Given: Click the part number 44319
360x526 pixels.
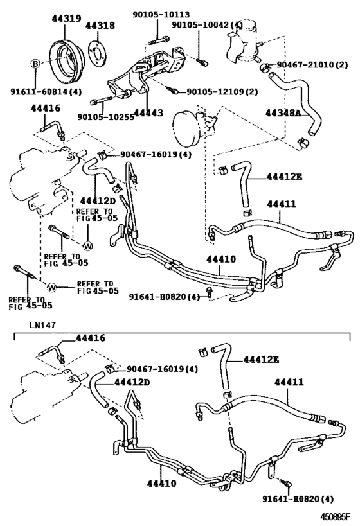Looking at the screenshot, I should (x=66, y=19).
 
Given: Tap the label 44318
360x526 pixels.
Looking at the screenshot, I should (x=100, y=26).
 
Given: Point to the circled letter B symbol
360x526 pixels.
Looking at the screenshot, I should (x=37, y=64).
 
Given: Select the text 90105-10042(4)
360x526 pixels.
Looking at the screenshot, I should (x=207, y=24).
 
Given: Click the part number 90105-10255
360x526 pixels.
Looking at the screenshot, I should (x=103, y=117).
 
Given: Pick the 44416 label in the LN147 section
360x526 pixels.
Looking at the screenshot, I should (x=90, y=337).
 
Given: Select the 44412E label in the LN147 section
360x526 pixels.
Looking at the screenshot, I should (x=261, y=360).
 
